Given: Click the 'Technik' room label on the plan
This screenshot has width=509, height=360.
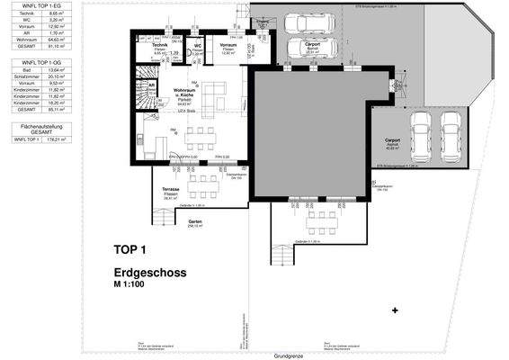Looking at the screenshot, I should click(x=158, y=45).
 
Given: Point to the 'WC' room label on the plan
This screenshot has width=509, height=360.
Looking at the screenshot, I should click(x=198, y=45).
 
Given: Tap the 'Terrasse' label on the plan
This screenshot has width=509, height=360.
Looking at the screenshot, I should click(x=172, y=190).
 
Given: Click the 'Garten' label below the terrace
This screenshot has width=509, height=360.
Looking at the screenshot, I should click(x=193, y=221).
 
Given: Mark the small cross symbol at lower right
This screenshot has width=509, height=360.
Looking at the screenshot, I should click(x=395, y=310).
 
